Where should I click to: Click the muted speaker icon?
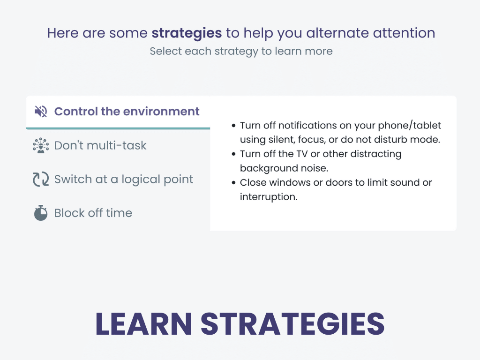(41, 112)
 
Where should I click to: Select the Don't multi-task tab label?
(100, 145)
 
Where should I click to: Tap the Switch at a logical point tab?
(124, 180)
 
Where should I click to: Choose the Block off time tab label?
(93, 213)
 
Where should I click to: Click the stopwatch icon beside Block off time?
(41, 213)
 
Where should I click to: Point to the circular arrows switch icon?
(41, 180)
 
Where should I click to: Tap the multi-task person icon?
(41, 145)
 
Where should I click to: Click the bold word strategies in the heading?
(187, 33)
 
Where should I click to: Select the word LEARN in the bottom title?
(143, 323)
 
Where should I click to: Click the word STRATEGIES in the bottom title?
(292, 323)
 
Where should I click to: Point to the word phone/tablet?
(410, 126)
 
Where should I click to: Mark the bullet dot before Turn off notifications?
(233, 126)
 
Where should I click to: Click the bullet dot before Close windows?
(233, 183)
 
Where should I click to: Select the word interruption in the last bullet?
(269, 197)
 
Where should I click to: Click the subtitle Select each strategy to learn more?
(241, 51)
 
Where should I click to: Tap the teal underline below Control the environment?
(118, 128)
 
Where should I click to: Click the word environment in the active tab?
(161, 112)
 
